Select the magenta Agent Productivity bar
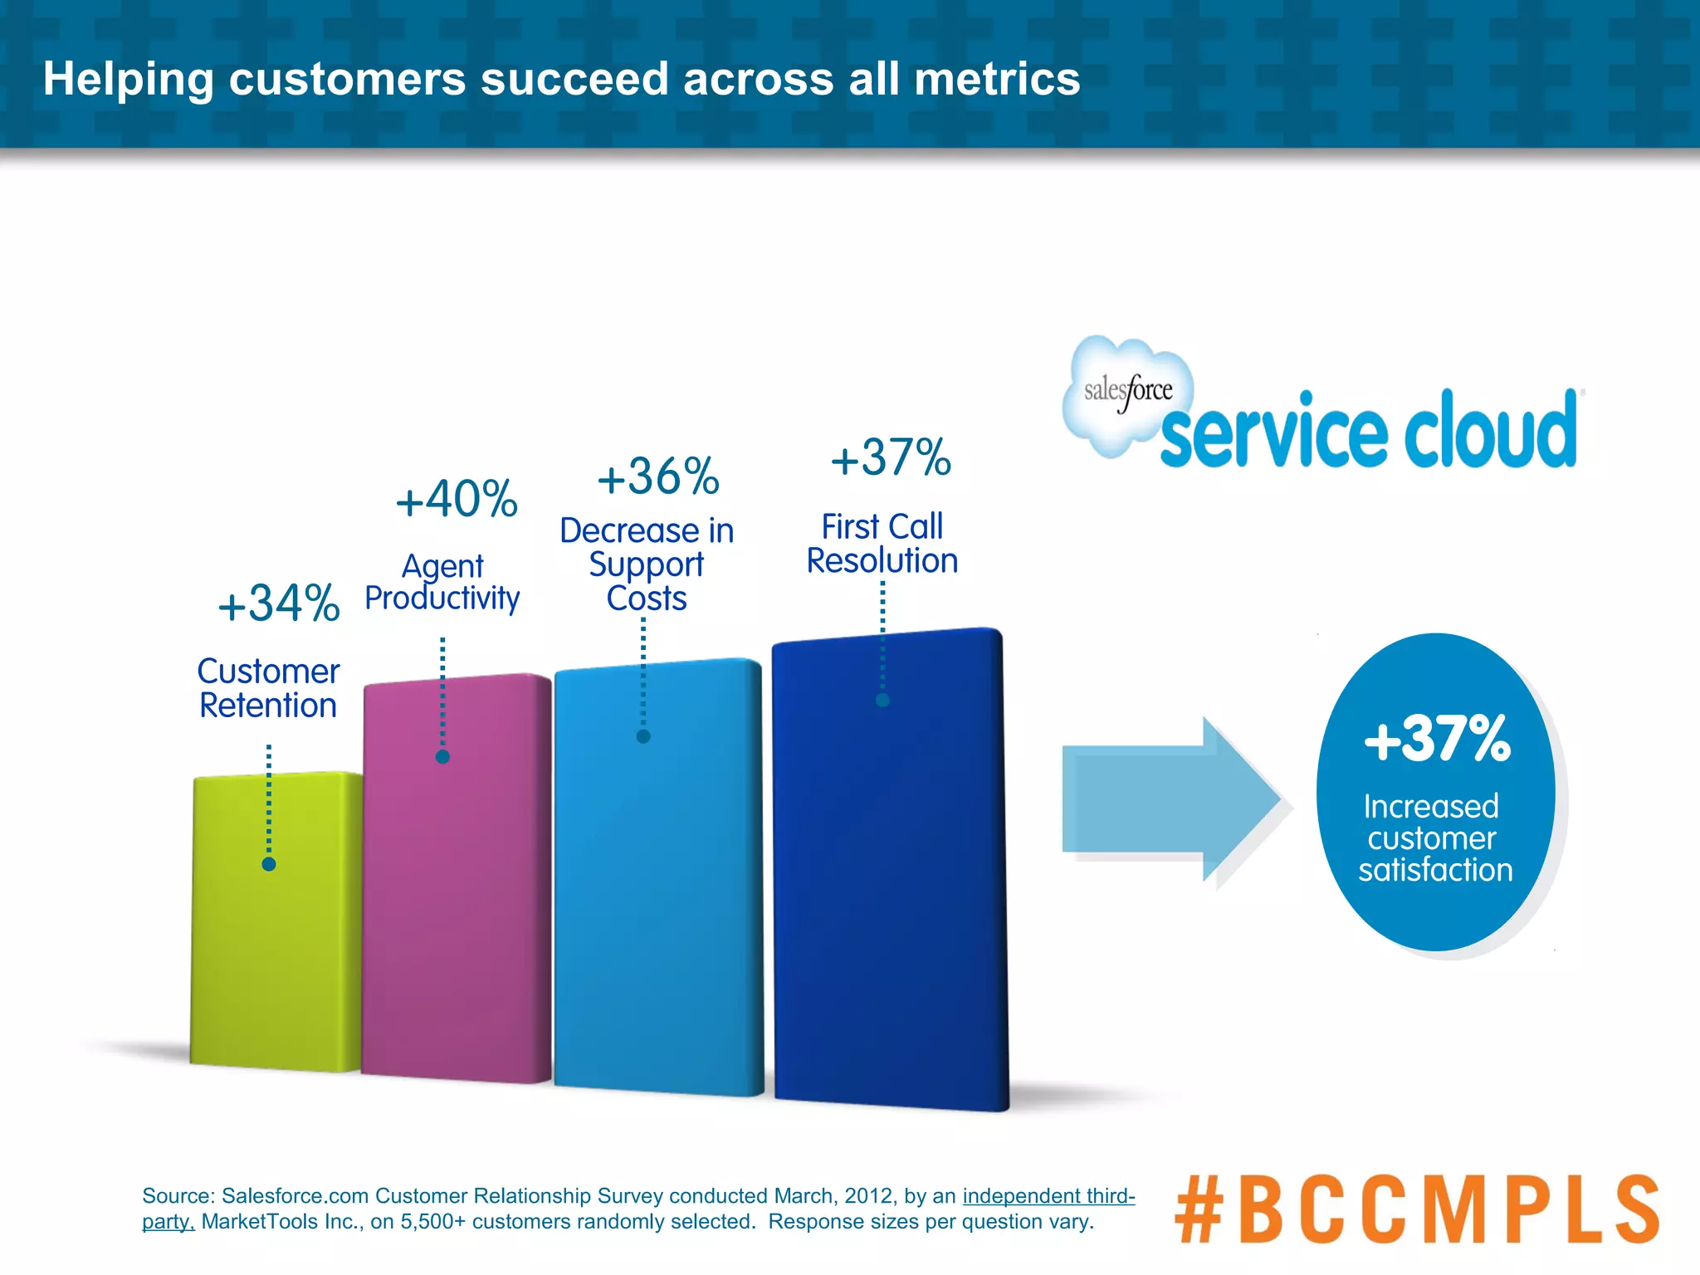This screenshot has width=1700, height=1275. coord(457,896)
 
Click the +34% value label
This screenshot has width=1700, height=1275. coord(279,603)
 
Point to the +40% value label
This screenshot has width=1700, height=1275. coord(457,500)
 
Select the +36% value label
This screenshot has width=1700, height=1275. coord(658,477)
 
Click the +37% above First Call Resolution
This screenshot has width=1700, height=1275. coord(891,458)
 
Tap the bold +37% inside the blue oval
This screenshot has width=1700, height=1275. coord(1437,738)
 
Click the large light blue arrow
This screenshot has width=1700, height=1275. coord(1170,799)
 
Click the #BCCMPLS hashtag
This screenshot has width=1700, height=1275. coord(1416,1209)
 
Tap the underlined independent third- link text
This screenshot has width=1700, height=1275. coord(1048,1196)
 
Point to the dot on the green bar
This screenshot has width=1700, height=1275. coord(269,864)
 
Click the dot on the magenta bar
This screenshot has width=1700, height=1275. coord(442,756)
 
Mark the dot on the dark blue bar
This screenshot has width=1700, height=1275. coord(882,700)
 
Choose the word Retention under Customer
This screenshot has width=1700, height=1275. coord(268,706)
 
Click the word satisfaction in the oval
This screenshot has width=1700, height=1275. coord(1435,870)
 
